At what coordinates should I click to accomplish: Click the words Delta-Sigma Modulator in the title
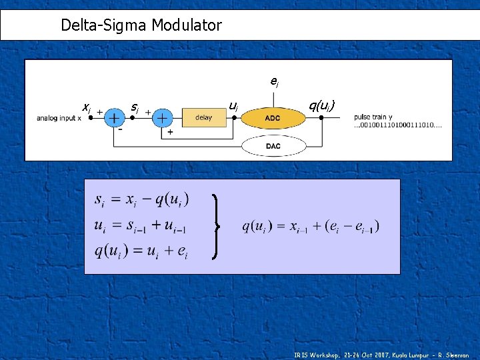click(141, 26)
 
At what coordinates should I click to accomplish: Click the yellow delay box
click(203, 118)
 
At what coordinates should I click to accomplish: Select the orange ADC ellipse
click(273, 118)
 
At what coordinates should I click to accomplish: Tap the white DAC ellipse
click(273, 146)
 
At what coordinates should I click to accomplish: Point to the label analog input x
click(59, 119)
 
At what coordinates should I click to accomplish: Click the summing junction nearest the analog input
click(115, 118)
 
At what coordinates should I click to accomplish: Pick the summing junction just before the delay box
click(162, 118)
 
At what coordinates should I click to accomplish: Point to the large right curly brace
click(216, 227)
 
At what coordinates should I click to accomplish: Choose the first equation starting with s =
click(141, 199)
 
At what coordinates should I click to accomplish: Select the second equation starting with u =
click(140, 227)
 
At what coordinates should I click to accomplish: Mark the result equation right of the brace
click(311, 227)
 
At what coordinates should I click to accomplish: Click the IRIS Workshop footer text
click(381, 355)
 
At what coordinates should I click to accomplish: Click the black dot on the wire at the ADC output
click(321, 117)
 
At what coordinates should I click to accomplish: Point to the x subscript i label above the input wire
click(86, 107)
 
